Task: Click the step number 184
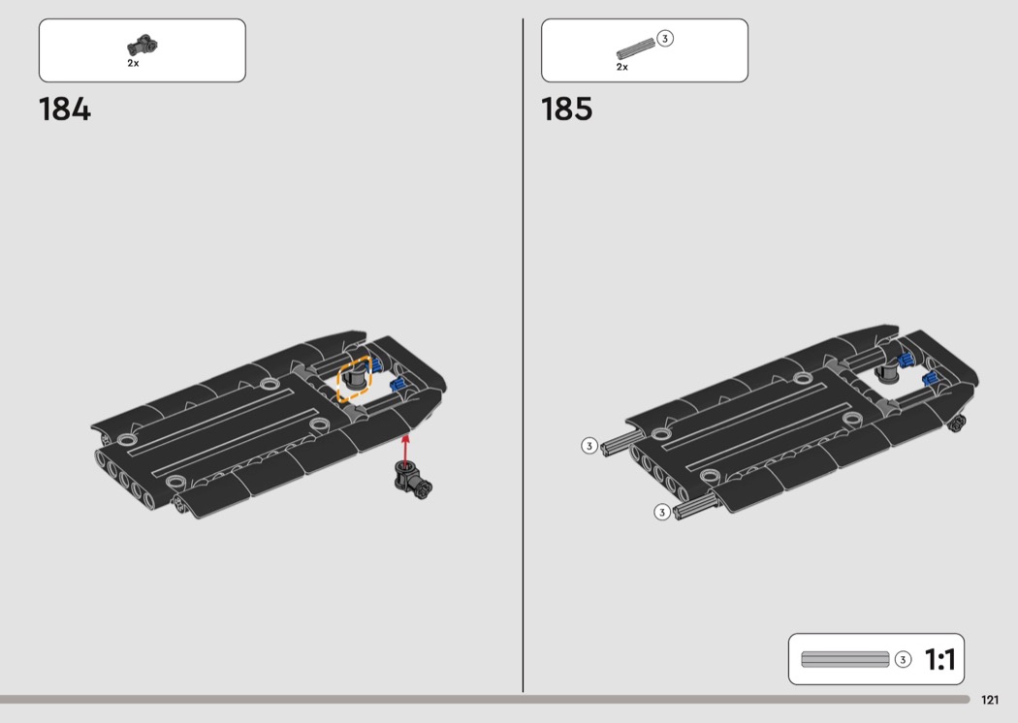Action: point(65,110)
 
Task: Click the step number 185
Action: point(567,110)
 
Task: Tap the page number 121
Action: point(990,700)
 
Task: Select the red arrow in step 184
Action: point(406,449)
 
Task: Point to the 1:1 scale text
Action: point(939,659)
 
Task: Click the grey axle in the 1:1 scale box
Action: point(845,659)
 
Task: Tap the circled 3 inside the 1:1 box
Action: point(903,659)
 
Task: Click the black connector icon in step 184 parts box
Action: point(143,46)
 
